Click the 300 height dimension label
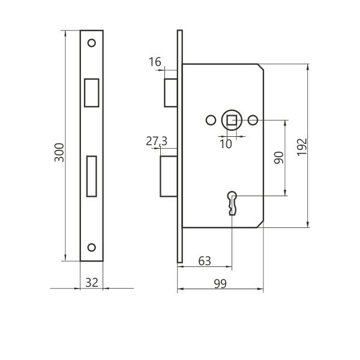(x=59, y=152)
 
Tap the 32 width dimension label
(x=92, y=283)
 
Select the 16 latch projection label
(x=155, y=62)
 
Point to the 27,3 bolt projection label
(x=157, y=141)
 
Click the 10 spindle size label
(x=226, y=144)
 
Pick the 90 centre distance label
(x=279, y=157)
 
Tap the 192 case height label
(x=302, y=147)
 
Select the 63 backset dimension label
(x=205, y=261)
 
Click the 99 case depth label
(x=220, y=284)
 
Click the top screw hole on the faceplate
(x=92, y=43)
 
